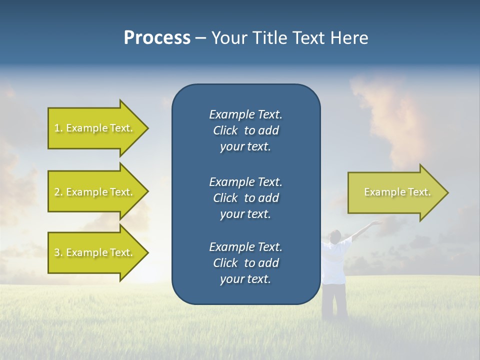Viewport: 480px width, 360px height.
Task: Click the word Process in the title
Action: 157,38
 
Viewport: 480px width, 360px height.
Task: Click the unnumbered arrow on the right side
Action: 395,192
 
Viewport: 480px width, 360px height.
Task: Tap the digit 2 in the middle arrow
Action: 57,192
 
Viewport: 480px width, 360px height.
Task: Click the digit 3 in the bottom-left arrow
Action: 57,252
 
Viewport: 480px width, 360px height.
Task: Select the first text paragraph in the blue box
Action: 245,130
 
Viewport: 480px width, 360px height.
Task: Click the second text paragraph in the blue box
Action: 245,197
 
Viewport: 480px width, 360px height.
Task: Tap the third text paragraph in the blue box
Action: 245,263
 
